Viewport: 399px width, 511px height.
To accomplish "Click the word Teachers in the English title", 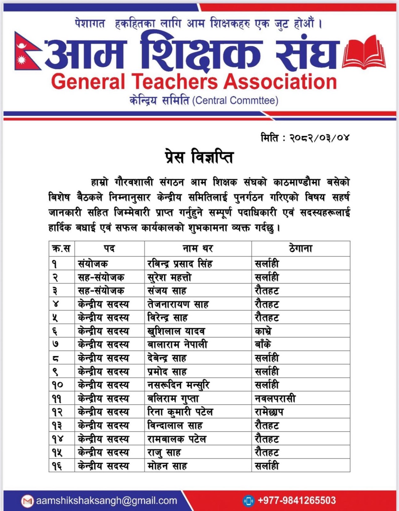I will click(x=175, y=81).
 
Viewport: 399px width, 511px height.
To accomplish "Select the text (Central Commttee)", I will click(x=235, y=101).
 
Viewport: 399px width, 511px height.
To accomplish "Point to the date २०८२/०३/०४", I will click(x=319, y=138).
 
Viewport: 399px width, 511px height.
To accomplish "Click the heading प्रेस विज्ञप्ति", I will click(x=199, y=157).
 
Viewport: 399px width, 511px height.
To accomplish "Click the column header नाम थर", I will click(x=198, y=248).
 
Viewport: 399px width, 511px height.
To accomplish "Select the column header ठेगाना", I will click(x=301, y=248).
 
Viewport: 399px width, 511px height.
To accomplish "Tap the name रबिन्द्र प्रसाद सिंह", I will click(x=180, y=264).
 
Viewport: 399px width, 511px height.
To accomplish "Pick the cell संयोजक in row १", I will click(x=93, y=264).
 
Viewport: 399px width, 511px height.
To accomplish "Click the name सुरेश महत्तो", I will click(x=169, y=278).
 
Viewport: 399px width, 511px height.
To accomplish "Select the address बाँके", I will click(x=263, y=345).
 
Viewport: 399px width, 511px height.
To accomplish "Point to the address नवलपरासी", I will click(x=275, y=399).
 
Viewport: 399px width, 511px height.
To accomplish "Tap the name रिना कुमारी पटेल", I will click(x=180, y=412).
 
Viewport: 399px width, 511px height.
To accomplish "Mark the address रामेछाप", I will click(x=269, y=412).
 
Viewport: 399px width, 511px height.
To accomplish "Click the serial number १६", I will click(x=57, y=466).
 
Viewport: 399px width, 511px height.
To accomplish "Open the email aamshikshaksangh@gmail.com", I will click(x=106, y=500).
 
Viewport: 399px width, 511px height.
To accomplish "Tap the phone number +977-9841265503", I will click(x=297, y=500).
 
